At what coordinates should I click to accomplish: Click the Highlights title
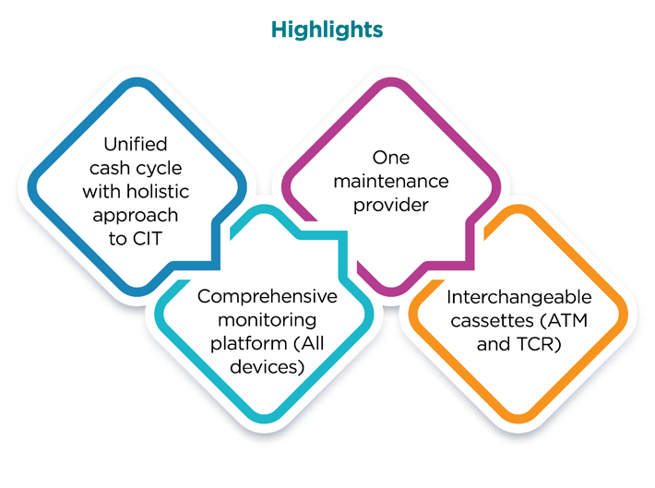coord(327,29)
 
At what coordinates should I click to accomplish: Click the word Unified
coord(135,145)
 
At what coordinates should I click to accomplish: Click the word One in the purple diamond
coord(391,157)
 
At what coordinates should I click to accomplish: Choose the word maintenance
coord(391,181)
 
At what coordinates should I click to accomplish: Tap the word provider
coord(391,205)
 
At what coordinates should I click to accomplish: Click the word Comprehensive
coord(268,297)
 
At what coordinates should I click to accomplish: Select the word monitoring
coord(268,320)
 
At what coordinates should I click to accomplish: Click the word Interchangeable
coord(518,297)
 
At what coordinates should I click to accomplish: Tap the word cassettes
coord(486,321)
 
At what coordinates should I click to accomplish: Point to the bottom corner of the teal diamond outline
coord(268,425)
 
